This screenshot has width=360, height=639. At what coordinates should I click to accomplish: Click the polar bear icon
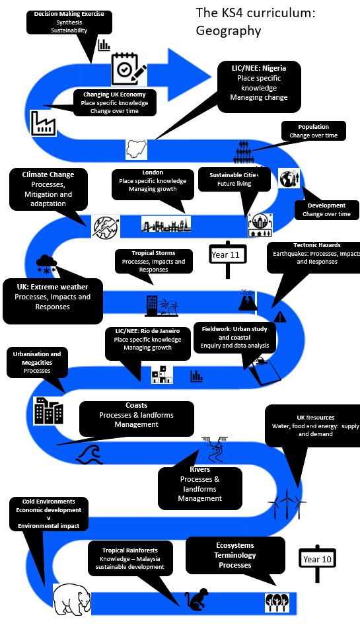pyautogui.click(x=72, y=599)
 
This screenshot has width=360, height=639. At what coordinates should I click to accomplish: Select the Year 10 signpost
pyautogui.click(x=318, y=563)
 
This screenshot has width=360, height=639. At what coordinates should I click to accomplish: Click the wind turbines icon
pyautogui.click(x=287, y=504)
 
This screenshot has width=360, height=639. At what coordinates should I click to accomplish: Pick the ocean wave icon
pyautogui.click(x=90, y=455)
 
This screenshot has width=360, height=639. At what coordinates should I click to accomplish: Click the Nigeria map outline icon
pyautogui.click(x=137, y=149)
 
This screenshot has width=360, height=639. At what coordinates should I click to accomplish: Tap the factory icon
pyautogui.click(x=43, y=123)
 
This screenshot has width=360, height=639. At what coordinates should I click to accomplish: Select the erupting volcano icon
pyautogui.click(x=248, y=301)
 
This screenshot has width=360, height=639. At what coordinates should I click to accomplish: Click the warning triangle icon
pyautogui.click(x=280, y=317)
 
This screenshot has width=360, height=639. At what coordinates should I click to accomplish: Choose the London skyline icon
pyautogui.click(x=166, y=224)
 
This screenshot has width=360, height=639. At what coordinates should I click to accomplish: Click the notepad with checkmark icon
pyautogui.click(x=129, y=69)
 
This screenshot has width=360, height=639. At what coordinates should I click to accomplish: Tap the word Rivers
pyautogui.click(x=200, y=469)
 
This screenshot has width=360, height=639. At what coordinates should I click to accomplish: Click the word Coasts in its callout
pyautogui.click(x=137, y=405)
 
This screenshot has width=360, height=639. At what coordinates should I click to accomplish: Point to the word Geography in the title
pyautogui.click(x=229, y=30)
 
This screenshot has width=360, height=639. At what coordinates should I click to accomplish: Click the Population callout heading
pyautogui.click(x=314, y=127)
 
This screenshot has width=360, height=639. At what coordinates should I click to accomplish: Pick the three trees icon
pyautogui.click(x=277, y=603)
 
